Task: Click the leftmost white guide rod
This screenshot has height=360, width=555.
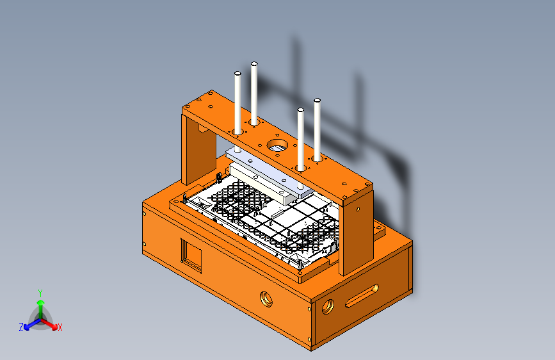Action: point(237,102)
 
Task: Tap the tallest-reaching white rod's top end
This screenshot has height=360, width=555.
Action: point(254,65)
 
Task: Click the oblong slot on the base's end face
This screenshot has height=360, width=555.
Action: point(362,295)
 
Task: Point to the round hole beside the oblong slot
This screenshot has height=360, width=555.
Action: point(328,306)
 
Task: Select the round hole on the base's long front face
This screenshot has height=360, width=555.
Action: point(265,298)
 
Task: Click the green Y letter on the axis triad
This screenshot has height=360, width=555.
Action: point(40,291)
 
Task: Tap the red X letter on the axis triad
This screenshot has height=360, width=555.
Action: point(60,327)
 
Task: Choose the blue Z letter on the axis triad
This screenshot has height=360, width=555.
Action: point(21,327)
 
